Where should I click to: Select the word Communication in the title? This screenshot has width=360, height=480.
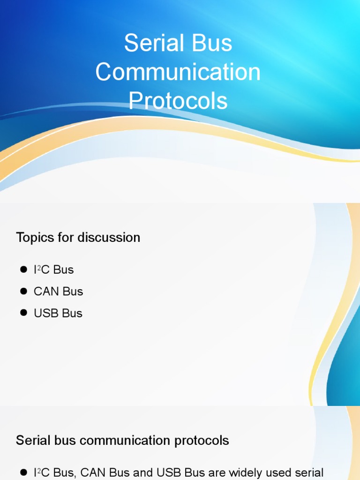tap(178, 72)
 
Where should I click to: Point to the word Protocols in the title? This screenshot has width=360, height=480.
tap(178, 100)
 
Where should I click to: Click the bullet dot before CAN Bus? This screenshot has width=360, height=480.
tap(23, 291)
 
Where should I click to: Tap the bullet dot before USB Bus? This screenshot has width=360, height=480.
tap(23, 313)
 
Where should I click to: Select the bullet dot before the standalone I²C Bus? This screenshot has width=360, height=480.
tap(23, 270)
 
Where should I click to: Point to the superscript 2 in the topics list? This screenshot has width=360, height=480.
tap(39, 268)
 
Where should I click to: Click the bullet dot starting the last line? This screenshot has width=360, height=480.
tap(23, 472)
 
